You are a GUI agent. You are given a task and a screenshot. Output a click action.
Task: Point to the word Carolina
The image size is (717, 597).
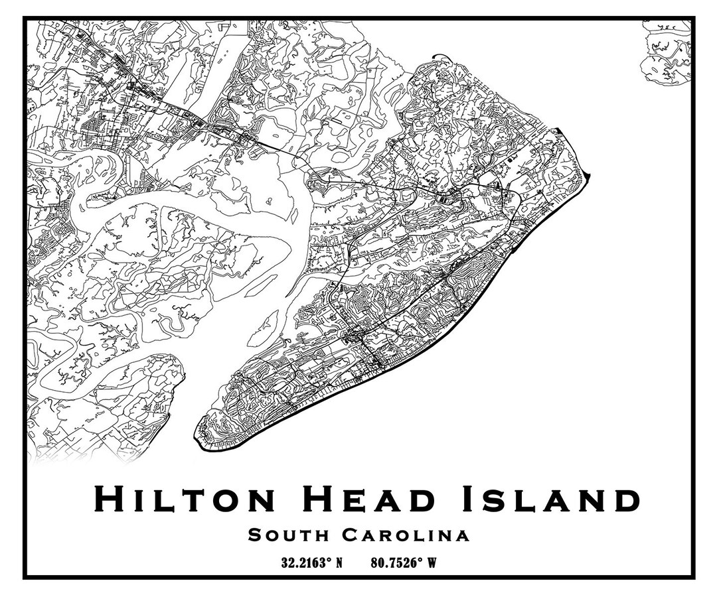point(406,535)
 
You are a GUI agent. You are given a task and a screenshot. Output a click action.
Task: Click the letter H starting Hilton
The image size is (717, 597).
point(108,499)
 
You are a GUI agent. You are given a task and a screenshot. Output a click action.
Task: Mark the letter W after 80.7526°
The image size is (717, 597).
point(432,563)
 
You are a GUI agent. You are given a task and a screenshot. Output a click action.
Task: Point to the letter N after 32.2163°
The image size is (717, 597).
point(339,563)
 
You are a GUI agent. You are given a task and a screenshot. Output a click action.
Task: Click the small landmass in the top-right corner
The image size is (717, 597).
point(666,52)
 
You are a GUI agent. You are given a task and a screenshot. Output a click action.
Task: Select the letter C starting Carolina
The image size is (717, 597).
point(351,535)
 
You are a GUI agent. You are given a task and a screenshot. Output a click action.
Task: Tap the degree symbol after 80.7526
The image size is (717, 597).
point(420,561)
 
